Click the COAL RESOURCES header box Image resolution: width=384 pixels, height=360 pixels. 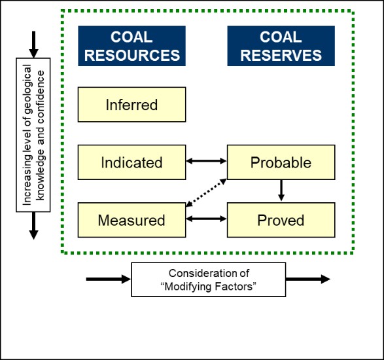[131, 46]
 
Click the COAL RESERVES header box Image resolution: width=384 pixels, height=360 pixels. [281, 46]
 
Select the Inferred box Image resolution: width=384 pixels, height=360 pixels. [131, 104]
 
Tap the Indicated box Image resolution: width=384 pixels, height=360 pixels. [131, 162]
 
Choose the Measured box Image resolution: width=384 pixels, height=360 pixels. [131, 220]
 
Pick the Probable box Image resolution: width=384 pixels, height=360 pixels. [281, 162]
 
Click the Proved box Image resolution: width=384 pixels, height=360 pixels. [281, 220]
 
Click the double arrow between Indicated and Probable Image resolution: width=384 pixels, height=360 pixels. [207, 161]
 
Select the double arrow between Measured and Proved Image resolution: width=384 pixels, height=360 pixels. [207, 219]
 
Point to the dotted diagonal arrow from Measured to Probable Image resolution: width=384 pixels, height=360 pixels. [206, 192]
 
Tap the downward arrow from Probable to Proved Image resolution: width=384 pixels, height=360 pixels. [281, 190]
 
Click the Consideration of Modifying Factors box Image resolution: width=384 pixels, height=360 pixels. [209, 279]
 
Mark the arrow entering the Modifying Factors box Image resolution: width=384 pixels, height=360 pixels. [108, 279]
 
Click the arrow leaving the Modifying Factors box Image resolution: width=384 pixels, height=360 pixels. [308, 279]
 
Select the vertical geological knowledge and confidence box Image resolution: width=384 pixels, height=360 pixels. [33, 135]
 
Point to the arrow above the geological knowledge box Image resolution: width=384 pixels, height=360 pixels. [33, 45]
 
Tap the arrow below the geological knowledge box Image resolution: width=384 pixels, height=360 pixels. [33, 226]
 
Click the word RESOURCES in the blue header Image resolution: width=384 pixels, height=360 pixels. [132, 55]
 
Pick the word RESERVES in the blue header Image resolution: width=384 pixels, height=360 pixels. [281, 55]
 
